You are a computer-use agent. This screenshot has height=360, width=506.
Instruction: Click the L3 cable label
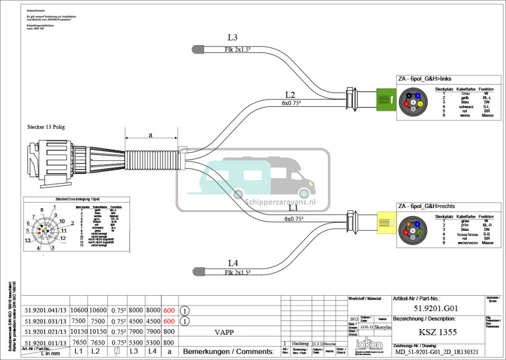tap(233, 37)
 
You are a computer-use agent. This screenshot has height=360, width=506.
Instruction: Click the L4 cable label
tap(233, 263)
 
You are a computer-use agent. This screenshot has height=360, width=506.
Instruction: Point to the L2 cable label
tap(290, 95)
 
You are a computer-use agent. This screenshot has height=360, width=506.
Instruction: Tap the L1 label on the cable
tap(294, 208)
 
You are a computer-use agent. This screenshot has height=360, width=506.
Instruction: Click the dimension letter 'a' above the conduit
tap(150, 135)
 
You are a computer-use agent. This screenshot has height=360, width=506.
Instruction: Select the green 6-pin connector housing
tap(387, 98)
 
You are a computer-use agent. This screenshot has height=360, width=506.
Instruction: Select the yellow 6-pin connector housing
tap(387, 222)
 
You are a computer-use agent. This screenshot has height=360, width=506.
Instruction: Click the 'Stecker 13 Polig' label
tap(46, 127)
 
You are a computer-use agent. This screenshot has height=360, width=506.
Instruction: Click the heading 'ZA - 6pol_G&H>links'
tap(425, 78)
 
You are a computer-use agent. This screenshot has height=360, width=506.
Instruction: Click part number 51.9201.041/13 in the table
tap(46, 310)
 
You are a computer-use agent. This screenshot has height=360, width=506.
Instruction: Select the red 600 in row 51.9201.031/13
tap(169, 322)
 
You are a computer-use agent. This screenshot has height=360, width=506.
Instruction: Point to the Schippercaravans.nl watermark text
tap(280, 201)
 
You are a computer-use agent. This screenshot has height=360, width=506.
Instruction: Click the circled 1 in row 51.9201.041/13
tap(185, 310)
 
